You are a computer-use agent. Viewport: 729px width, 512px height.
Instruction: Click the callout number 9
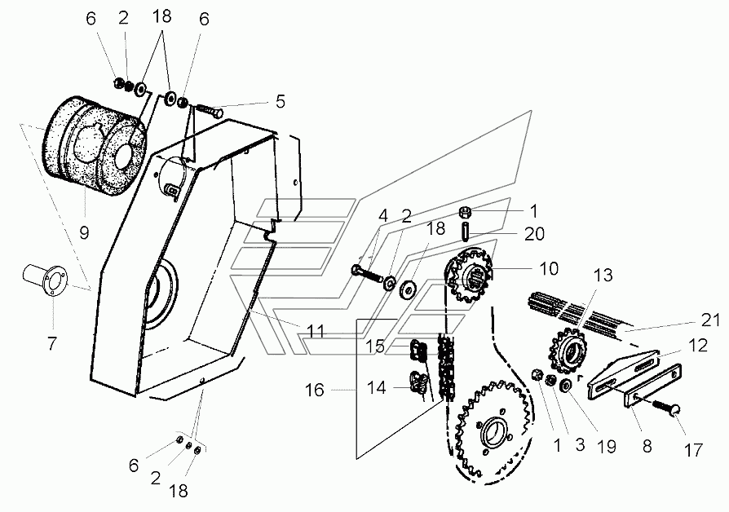click(x=84, y=232)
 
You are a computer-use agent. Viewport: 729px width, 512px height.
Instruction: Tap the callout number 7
click(x=51, y=344)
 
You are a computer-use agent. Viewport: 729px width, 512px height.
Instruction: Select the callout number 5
click(x=280, y=101)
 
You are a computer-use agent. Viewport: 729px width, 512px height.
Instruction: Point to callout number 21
click(x=710, y=320)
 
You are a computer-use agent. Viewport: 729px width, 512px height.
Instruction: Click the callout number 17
click(x=693, y=450)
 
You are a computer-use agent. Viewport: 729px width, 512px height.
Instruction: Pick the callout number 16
click(x=314, y=390)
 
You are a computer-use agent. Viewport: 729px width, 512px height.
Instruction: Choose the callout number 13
click(x=603, y=275)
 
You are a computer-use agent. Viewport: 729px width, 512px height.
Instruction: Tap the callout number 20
click(x=534, y=233)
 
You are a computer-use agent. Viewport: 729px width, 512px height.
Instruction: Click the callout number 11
click(x=316, y=332)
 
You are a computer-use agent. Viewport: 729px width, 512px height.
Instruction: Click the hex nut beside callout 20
click(x=466, y=213)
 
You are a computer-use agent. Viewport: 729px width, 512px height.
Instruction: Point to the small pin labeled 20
click(x=466, y=232)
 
